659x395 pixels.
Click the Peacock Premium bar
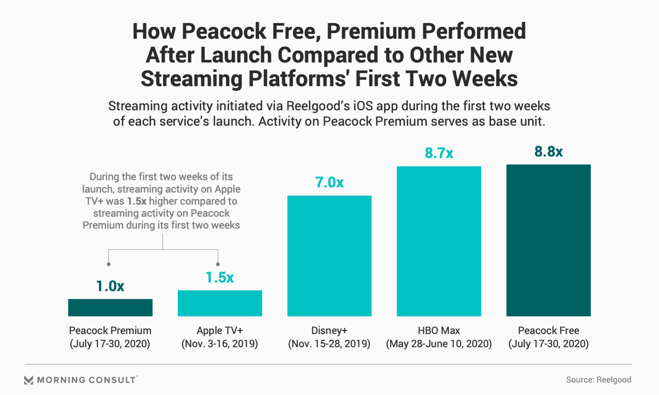tap(110, 308)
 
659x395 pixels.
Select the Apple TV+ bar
tap(220, 303)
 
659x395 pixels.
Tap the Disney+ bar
tap(329, 256)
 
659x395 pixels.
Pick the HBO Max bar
tap(439, 241)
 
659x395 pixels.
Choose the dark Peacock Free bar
tap(548, 240)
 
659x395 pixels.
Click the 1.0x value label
tap(110, 286)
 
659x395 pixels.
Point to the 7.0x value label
tap(329, 183)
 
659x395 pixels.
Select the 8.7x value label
tap(439, 153)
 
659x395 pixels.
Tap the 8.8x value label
tap(548, 152)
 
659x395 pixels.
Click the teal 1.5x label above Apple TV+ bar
tap(220, 278)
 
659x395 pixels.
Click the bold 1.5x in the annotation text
tap(136, 201)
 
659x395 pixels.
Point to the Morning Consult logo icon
tap(29, 380)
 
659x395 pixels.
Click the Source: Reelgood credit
tap(598, 380)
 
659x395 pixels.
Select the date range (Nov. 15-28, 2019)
tap(329, 344)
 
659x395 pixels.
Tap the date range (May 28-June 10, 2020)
tap(439, 344)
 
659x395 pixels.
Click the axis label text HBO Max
tap(439, 331)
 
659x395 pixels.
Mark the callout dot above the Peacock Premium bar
tap(109, 264)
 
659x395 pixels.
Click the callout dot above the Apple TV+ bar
tap(218, 264)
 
